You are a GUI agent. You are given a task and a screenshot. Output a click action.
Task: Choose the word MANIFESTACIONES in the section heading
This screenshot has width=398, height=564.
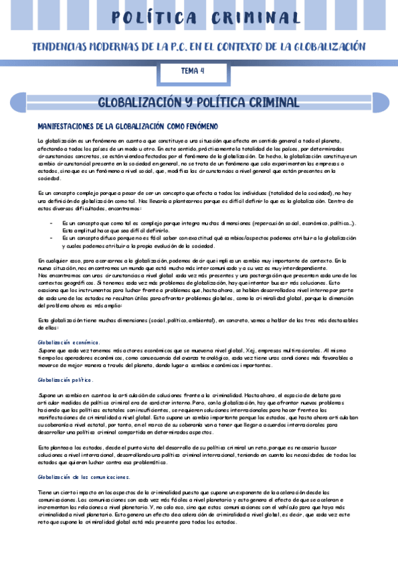[x=70, y=126]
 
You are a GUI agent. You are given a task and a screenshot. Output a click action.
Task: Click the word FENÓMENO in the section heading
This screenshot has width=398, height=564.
[x=196, y=126]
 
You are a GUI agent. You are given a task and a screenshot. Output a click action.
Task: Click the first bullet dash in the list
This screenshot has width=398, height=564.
[x=51, y=223]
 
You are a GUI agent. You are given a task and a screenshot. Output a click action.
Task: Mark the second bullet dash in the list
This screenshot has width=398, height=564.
[x=51, y=237]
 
